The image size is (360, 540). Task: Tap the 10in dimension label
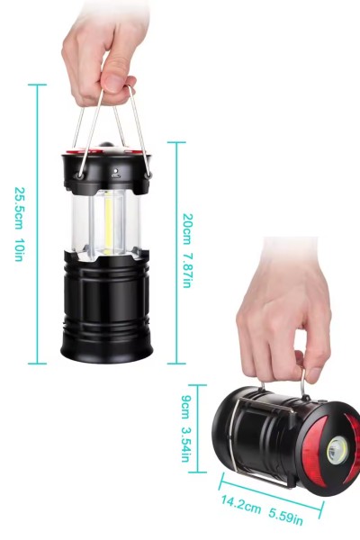point(18,247)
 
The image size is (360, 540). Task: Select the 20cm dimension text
point(187,229)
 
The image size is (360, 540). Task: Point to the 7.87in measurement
point(187,270)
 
